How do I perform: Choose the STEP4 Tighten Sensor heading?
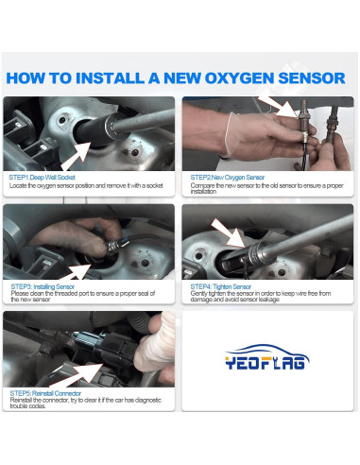pos(221,284)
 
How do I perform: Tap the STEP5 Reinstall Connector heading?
pos(46,393)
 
